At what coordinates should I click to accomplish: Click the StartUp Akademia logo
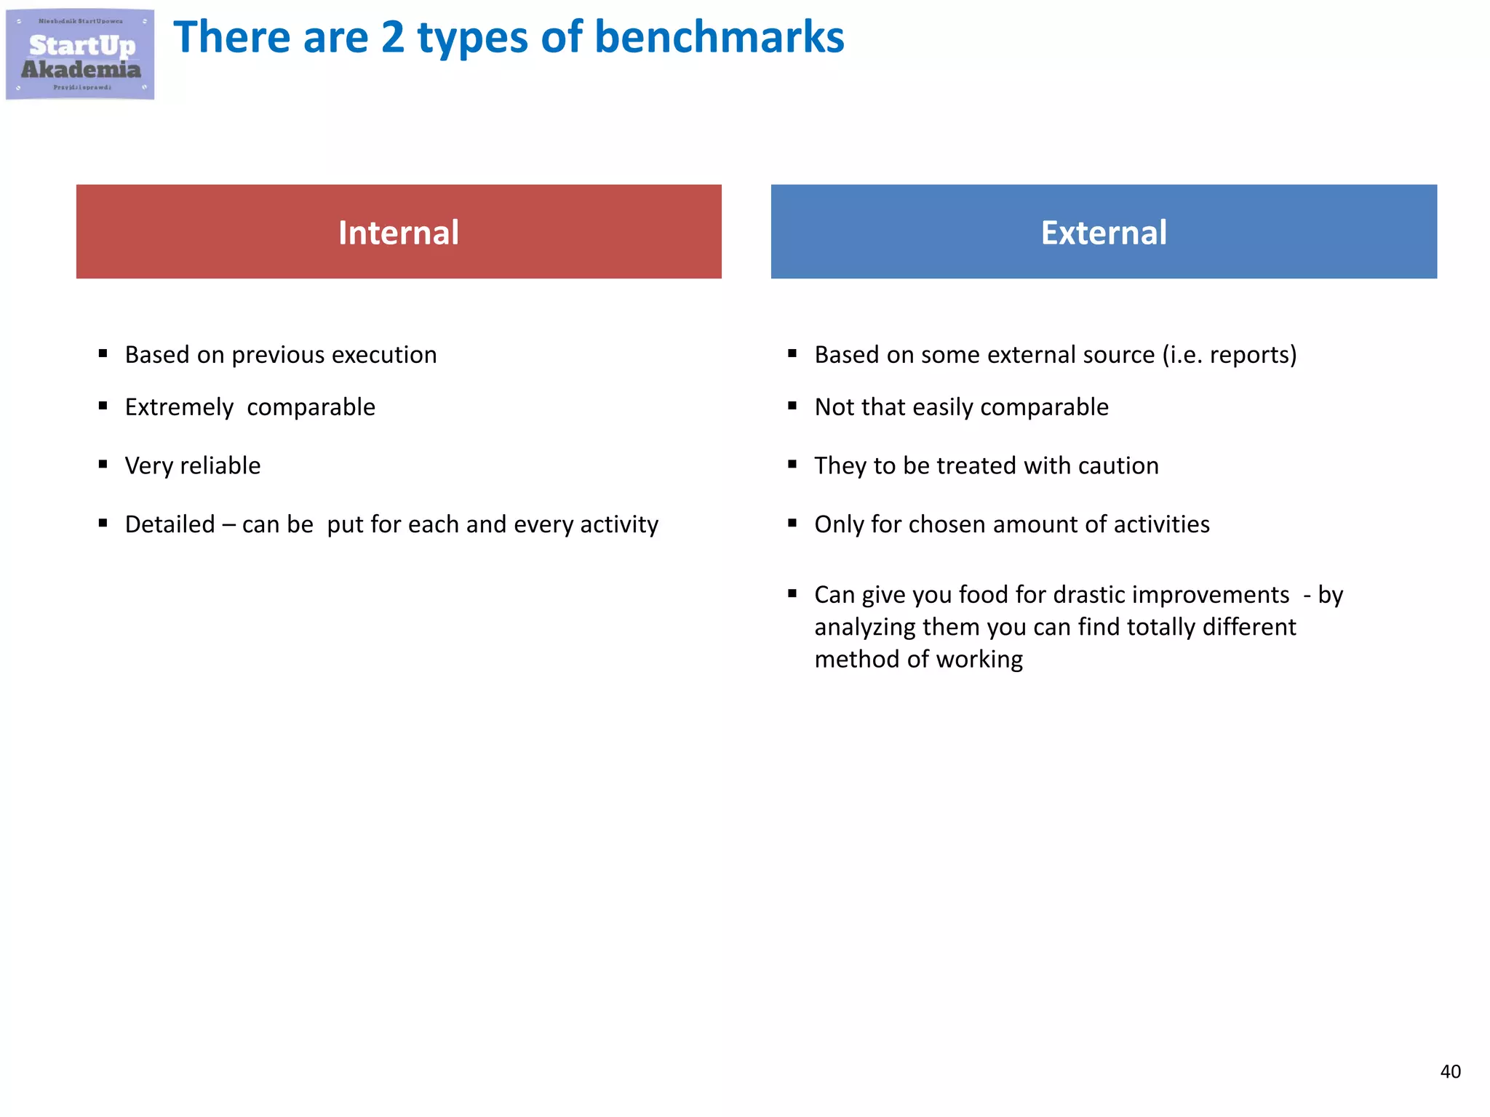[x=80, y=55]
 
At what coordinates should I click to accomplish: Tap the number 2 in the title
[x=393, y=38]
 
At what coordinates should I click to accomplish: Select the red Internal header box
[x=399, y=231]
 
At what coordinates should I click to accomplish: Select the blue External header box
[x=1104, y=231]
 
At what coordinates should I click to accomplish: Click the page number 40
[x=1450, y=1071]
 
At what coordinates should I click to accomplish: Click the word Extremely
[x=179, y=407]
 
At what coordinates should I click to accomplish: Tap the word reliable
[x=220, y=465]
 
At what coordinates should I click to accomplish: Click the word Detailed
[x=170, y=524]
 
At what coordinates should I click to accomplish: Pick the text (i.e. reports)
[x=1229, y=355]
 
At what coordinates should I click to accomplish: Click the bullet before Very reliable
[x=103, y=464]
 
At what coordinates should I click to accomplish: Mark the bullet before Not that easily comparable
[x=792, y=406]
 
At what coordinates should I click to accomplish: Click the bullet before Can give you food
[x=792, y=593]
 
